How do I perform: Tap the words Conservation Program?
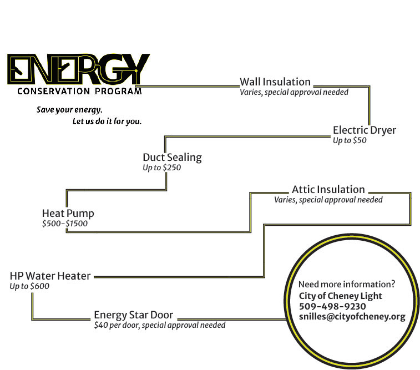tap(79, 91)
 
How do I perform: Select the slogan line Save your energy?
tap(69, 109)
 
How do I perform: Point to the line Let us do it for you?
tap(107, 121)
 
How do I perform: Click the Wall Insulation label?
tap(275, 82)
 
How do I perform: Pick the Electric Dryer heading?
tap(365, 130)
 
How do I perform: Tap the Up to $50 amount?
tap(350, 141)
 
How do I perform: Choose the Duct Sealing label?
tap(172, 158)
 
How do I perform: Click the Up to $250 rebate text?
tap(162, 168)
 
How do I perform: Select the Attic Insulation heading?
tap(328, 190)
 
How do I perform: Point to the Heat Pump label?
tap(68, 214)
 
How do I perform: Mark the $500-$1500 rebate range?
tap(64, 224)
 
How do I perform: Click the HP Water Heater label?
tap(50, 276)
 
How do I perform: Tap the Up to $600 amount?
tap(29, 286)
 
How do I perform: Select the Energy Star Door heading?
tap(133, 315)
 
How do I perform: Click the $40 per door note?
tap(160, 325)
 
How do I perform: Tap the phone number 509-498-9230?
tap(332, 306)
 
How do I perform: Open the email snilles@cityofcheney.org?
tap(352, 317)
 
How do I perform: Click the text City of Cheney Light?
tap(340, 296)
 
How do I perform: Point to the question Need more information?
tap(347, 283)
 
